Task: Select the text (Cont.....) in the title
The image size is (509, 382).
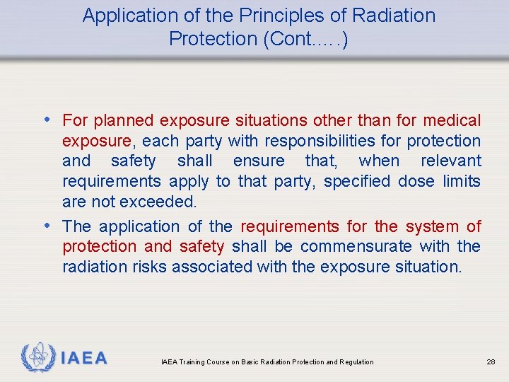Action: pos(304,40)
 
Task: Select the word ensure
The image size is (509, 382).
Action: pos(259,161)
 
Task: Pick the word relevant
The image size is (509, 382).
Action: pos(450,161)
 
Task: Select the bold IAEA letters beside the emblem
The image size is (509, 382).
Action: pos(84,358)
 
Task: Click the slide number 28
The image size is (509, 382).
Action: pos(491,362)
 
